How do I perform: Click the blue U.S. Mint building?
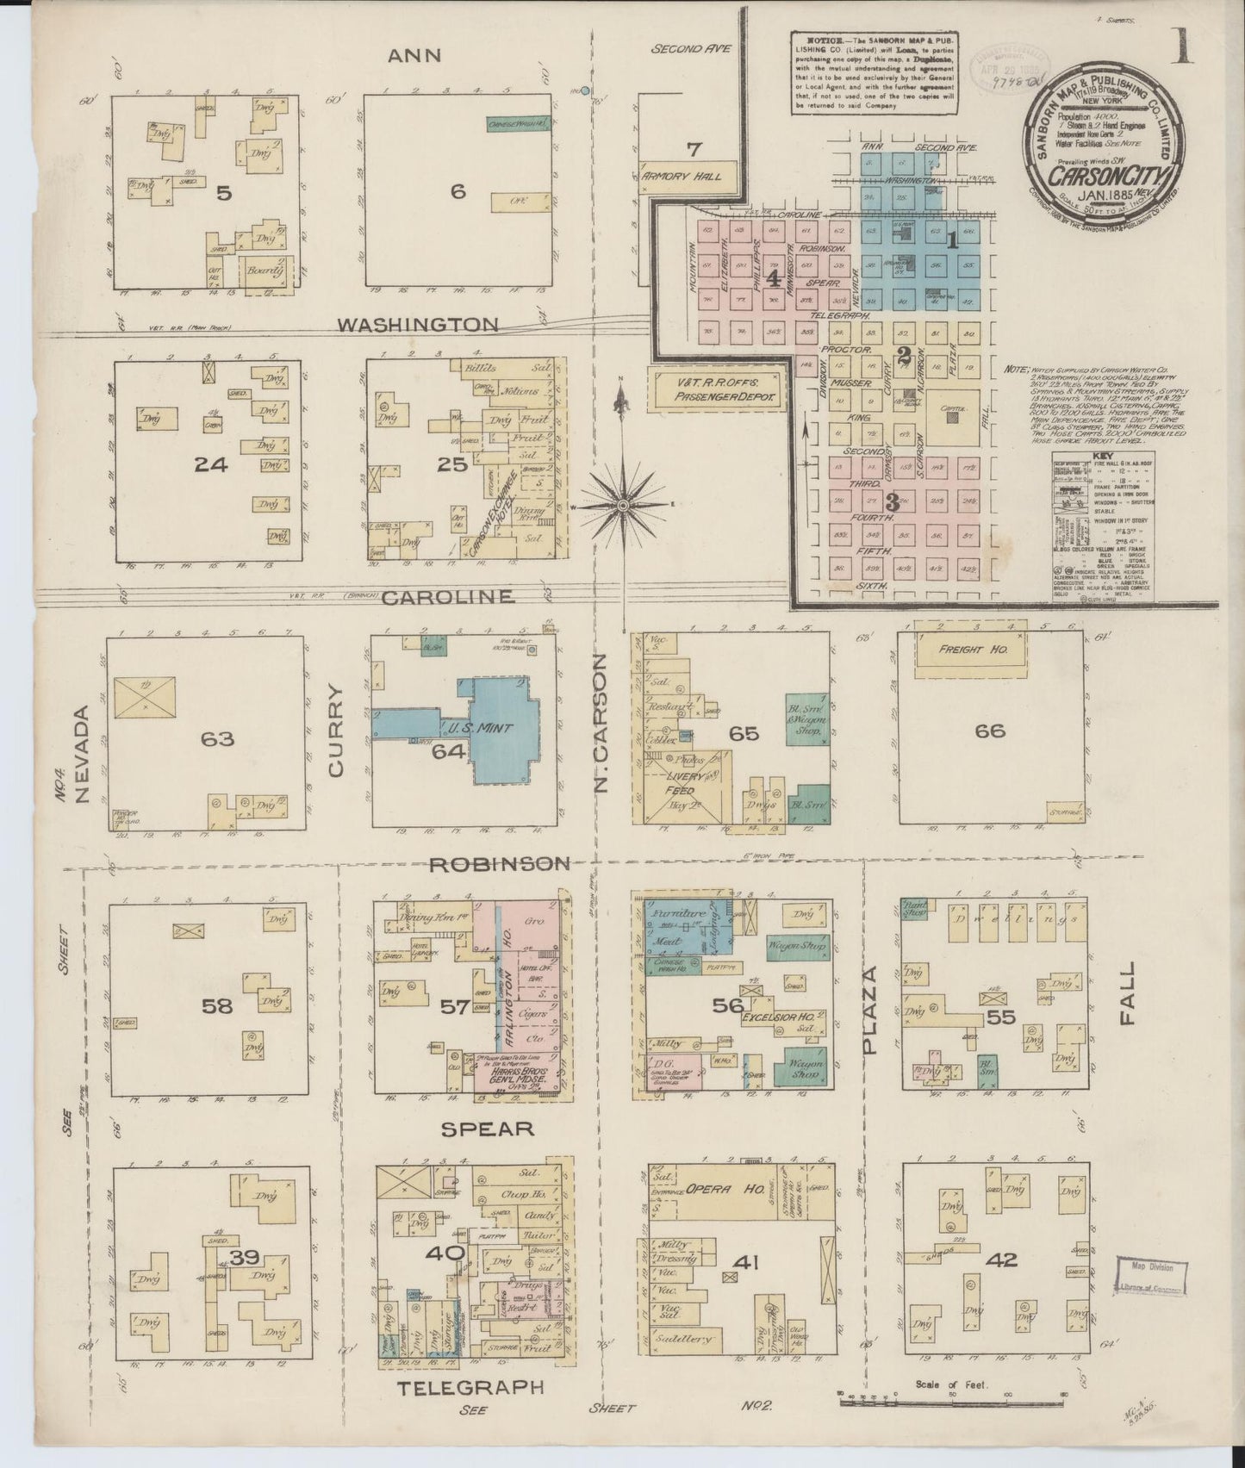pyautogui.click(x=482, y=728)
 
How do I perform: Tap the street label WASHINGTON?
pyautogui.click(x=418, y=325)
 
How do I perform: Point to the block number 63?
pyautogui.click(x=217, y=738)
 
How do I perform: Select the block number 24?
pyautogui.click(x=211, y=464)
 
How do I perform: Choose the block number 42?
pyautogui.click(x=1000, y=1260)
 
